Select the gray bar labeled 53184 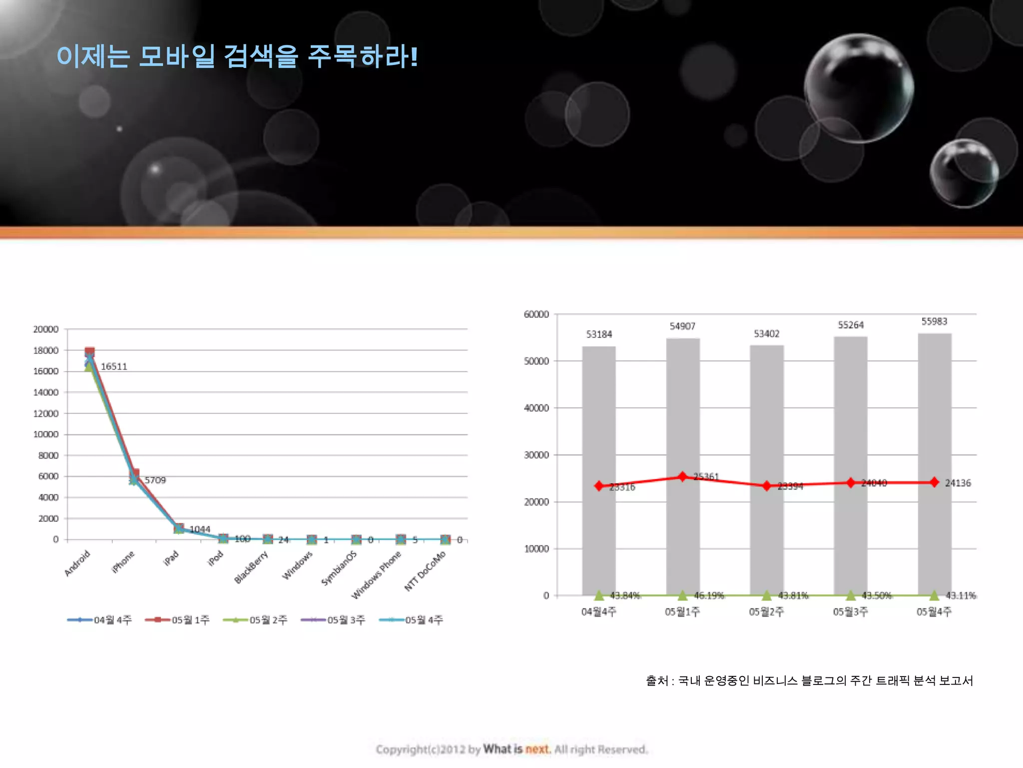coord(599,470)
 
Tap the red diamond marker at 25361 coord(683,476)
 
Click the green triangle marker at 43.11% coord(934,595)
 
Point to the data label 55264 coord(851,325)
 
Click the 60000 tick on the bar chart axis coord(536,314)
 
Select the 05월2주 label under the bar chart coord(766,611)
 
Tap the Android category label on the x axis coord(77,563)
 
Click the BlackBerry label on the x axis coord(251,567)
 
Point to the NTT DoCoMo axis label coord(425,571)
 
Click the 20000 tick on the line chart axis coord(46,329)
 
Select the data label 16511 coord(114,366)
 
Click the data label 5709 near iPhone coord(155,480)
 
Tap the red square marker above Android coord(90,352)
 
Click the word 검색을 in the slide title coord(261,56)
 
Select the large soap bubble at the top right coord(859,88)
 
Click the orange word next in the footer coord(537,749)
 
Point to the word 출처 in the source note coord(656,680)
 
